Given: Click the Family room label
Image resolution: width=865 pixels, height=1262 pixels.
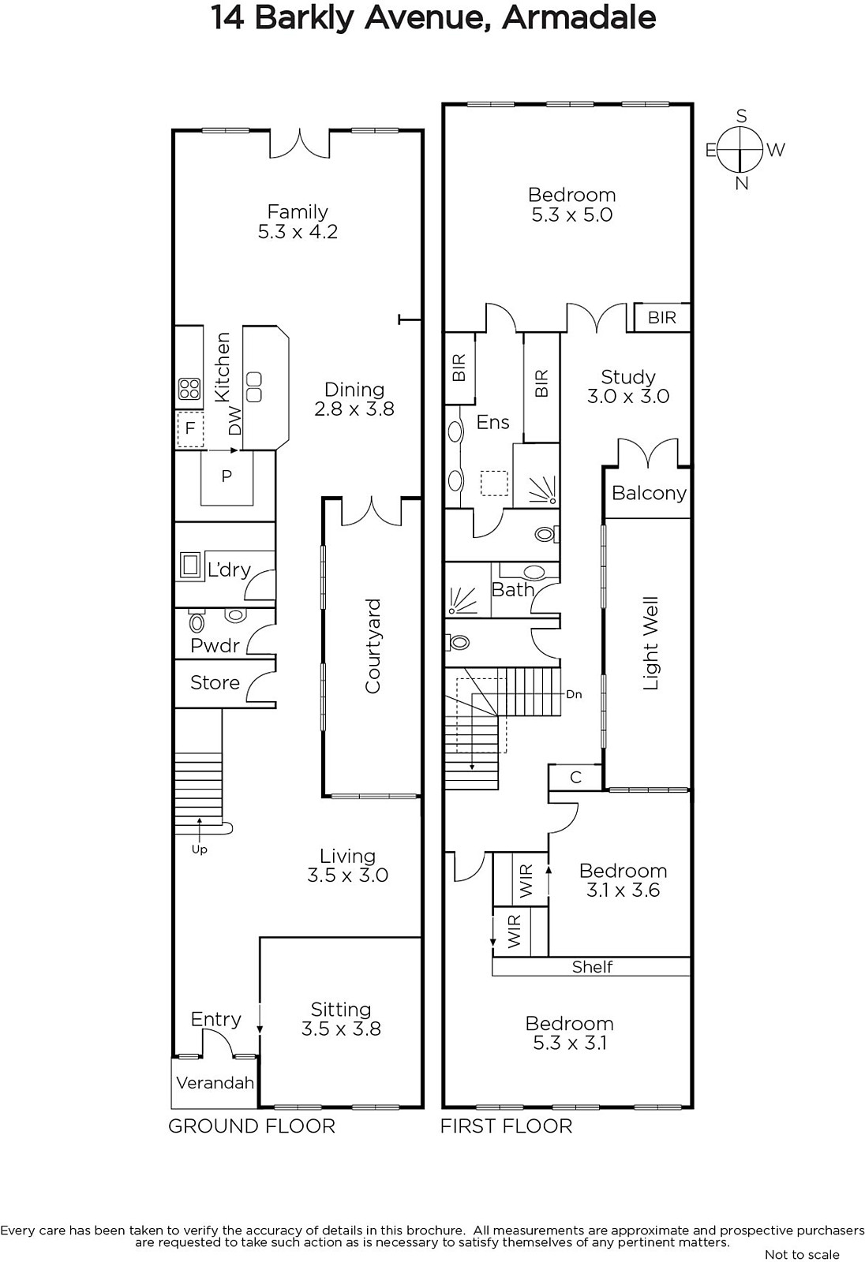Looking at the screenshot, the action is pos(298,212).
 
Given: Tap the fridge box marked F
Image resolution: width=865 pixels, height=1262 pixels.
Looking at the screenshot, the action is pos(190,430).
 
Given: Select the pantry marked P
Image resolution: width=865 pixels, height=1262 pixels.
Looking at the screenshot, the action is pos(227,477).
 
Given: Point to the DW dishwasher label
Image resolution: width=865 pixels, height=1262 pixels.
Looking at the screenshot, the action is pos(234,421).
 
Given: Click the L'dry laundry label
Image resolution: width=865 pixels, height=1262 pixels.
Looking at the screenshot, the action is pos(229,569).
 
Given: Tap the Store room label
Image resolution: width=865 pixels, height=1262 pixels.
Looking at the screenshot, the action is pos(215,683).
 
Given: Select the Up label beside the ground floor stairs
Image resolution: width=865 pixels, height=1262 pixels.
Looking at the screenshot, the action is pos(199,849).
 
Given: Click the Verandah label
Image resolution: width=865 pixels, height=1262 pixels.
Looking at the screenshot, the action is pos(215,1082).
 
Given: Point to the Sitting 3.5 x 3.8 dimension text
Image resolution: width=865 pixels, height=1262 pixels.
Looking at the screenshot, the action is pos(341,1029).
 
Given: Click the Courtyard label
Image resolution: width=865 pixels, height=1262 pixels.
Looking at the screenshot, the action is pos(373,646).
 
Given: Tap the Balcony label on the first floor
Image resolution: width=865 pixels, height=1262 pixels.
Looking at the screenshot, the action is pos(649,493).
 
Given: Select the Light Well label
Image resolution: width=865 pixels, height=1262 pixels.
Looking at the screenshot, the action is pos(651,643).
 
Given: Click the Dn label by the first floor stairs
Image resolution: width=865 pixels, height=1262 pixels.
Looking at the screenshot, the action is pos(574,694).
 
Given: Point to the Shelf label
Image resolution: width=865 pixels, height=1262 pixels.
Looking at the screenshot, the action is pos(592,967).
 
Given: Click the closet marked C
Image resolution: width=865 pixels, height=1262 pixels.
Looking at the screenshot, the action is pos(575,778).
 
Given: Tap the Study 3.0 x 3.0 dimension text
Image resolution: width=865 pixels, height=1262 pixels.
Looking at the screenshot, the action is pos(628,396).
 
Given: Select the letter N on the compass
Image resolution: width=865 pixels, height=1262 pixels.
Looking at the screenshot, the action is pos(742,184).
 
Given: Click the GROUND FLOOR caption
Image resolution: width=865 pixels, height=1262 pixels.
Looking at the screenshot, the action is pos(252,1126).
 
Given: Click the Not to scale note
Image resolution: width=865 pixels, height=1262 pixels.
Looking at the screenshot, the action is pos(803,1254).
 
